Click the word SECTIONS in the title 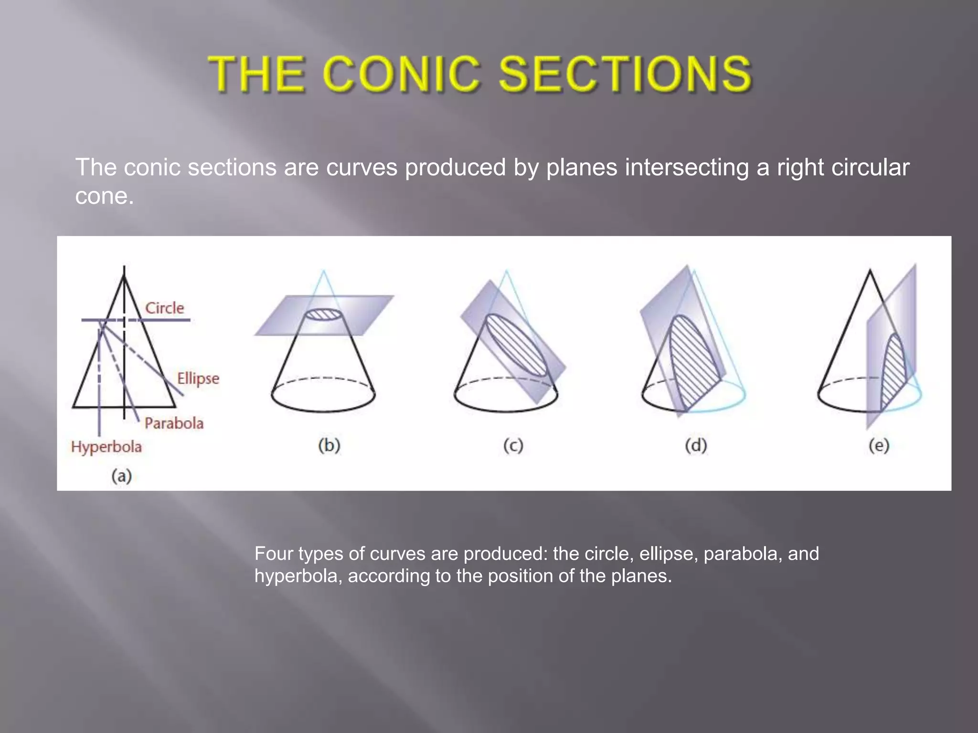[x=625, y=74]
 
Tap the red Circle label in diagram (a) [x=164, y=308]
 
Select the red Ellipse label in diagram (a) [x=198, y=378]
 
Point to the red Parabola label [x=174, y=423]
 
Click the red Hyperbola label [x=106, y=447]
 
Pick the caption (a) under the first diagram [x=121, y=476]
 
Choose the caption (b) [x=329, y=445]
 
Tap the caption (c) [x=513, y=445]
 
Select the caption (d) [x=696, y=445]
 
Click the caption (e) [x=879, y=445]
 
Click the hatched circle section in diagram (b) [x=323, y=314]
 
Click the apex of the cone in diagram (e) [x=870, y=271]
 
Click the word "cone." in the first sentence [x=104, y=196]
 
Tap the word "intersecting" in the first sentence [x=686, y=168]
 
